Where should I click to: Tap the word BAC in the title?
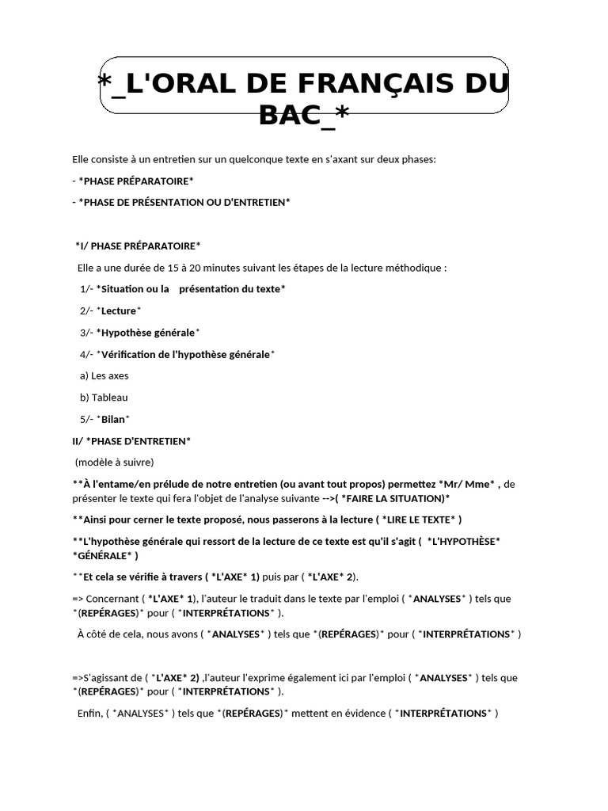pos(294,116)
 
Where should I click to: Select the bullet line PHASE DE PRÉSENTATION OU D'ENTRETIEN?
pos(184,202)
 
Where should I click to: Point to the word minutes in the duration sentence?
pos(237,268)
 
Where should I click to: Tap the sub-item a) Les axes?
pos(104,375)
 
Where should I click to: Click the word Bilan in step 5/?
pos(113,419)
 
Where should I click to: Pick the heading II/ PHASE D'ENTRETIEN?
pos(131,440)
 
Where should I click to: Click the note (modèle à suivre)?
pos(115,462)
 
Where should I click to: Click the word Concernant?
pos(111,599)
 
